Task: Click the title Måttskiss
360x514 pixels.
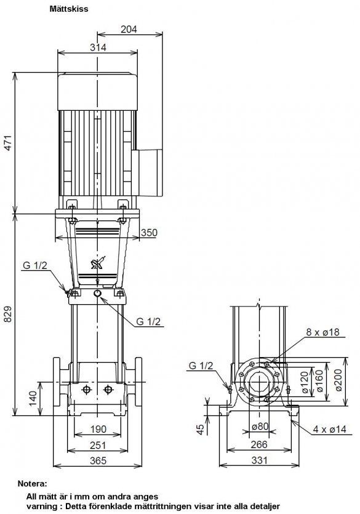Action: [69, 9]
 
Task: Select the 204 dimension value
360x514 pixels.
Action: [129, 29]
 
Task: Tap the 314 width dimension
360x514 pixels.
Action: [98, 47]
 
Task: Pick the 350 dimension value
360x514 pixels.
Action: [149, 233]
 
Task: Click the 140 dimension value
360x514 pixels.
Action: [33, 398]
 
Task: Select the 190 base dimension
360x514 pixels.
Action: [98, 429]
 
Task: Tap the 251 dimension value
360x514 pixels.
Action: [98, 445]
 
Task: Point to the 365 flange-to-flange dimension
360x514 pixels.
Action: [98, 460]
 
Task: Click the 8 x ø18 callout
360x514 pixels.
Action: [322, 332]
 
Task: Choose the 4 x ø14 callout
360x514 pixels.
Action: [329, 429]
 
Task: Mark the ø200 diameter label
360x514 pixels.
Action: [338, 380]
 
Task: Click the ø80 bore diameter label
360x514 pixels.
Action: [260, 426]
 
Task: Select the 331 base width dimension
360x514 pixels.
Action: [260, 460]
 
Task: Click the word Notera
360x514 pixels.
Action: [33, 483]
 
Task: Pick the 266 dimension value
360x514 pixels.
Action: [260, 444]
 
